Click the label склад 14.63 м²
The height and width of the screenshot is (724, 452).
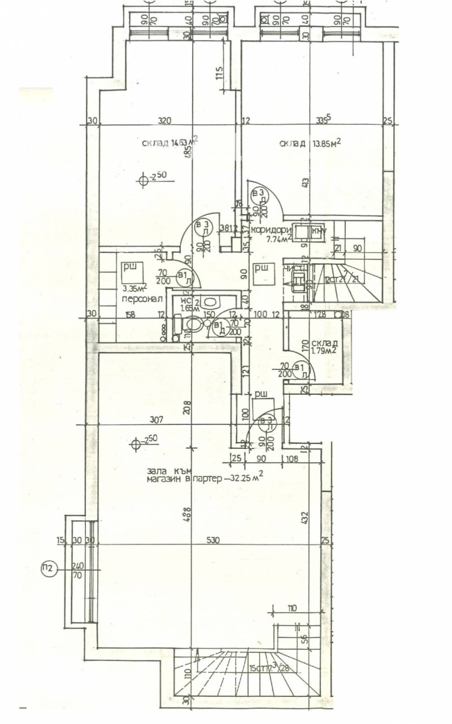(170, 142)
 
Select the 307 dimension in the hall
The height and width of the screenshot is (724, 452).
(157, 420)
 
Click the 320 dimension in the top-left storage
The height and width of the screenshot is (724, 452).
(164, 120)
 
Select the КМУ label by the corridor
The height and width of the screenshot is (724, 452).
(319, 232)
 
